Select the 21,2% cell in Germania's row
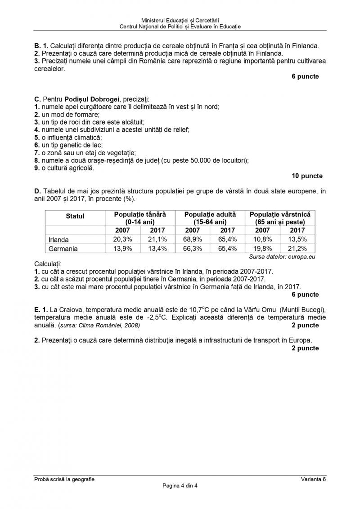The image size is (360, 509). click(x=297, y=248)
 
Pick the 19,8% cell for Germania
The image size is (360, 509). click(x=262, y=248)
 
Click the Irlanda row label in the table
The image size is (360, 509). click(x=58, y=240)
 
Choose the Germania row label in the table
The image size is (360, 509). click(x=63, y=248)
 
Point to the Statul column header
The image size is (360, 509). click(x=75, y=216)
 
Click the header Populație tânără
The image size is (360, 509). click(x=140, y=214)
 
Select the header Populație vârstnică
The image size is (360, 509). click(x=280, y=214)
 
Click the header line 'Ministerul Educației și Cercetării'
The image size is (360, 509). click(x=180, y=21)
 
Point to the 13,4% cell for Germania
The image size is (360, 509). click(x=157, y=248)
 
